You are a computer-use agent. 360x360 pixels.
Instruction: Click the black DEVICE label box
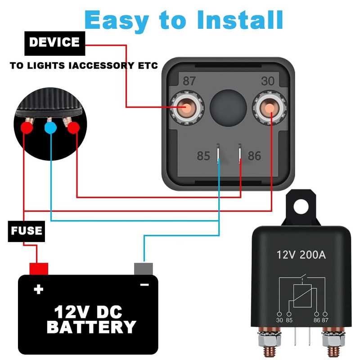pyautogui.click(x=54, y=43)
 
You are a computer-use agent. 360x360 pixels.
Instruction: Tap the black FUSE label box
pyautogui.click(x=27, y=231)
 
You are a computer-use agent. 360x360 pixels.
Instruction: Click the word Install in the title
pyautogui.click(x=240, y=20)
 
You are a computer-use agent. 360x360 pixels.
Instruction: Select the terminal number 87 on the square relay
pyautogui.click(x=189, y=81)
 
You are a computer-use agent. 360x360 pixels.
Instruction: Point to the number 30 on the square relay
pyautogui.click(x=268, y=81)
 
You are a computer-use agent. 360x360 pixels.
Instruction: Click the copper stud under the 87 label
pyautogui.click(x=187, y=108)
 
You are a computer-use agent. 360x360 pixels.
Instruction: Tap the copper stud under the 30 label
pyautogui.click(x=269, y=108)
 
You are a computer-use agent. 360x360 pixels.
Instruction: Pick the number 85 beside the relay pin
pyautogui.click(x=203, y=156)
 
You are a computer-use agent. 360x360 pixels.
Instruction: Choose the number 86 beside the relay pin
pyautogui.click(x=254, y=156)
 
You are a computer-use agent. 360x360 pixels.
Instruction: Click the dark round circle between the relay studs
pyautogui.click(x=228, y=108)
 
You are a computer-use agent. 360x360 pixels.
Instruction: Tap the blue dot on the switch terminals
pyautogui.click(x=50, y=128)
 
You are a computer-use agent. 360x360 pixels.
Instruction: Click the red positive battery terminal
pyautogui.click(x=39, y=269)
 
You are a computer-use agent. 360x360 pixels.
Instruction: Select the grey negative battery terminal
pyautogui.click(x=143, y=269)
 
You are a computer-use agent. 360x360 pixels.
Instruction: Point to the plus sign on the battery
pyautogui.click(x=38, y=289)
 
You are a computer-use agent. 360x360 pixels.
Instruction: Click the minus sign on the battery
pyautogui.click(x=144, y=285)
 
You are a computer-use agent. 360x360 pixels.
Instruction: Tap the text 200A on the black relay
pyautogui.click(x=313, y=255)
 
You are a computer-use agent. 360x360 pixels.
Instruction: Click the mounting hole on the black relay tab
pyautogui.click(x=301, y=206)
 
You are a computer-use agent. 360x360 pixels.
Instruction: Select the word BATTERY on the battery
pyautogui.click(x=91, y=327)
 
